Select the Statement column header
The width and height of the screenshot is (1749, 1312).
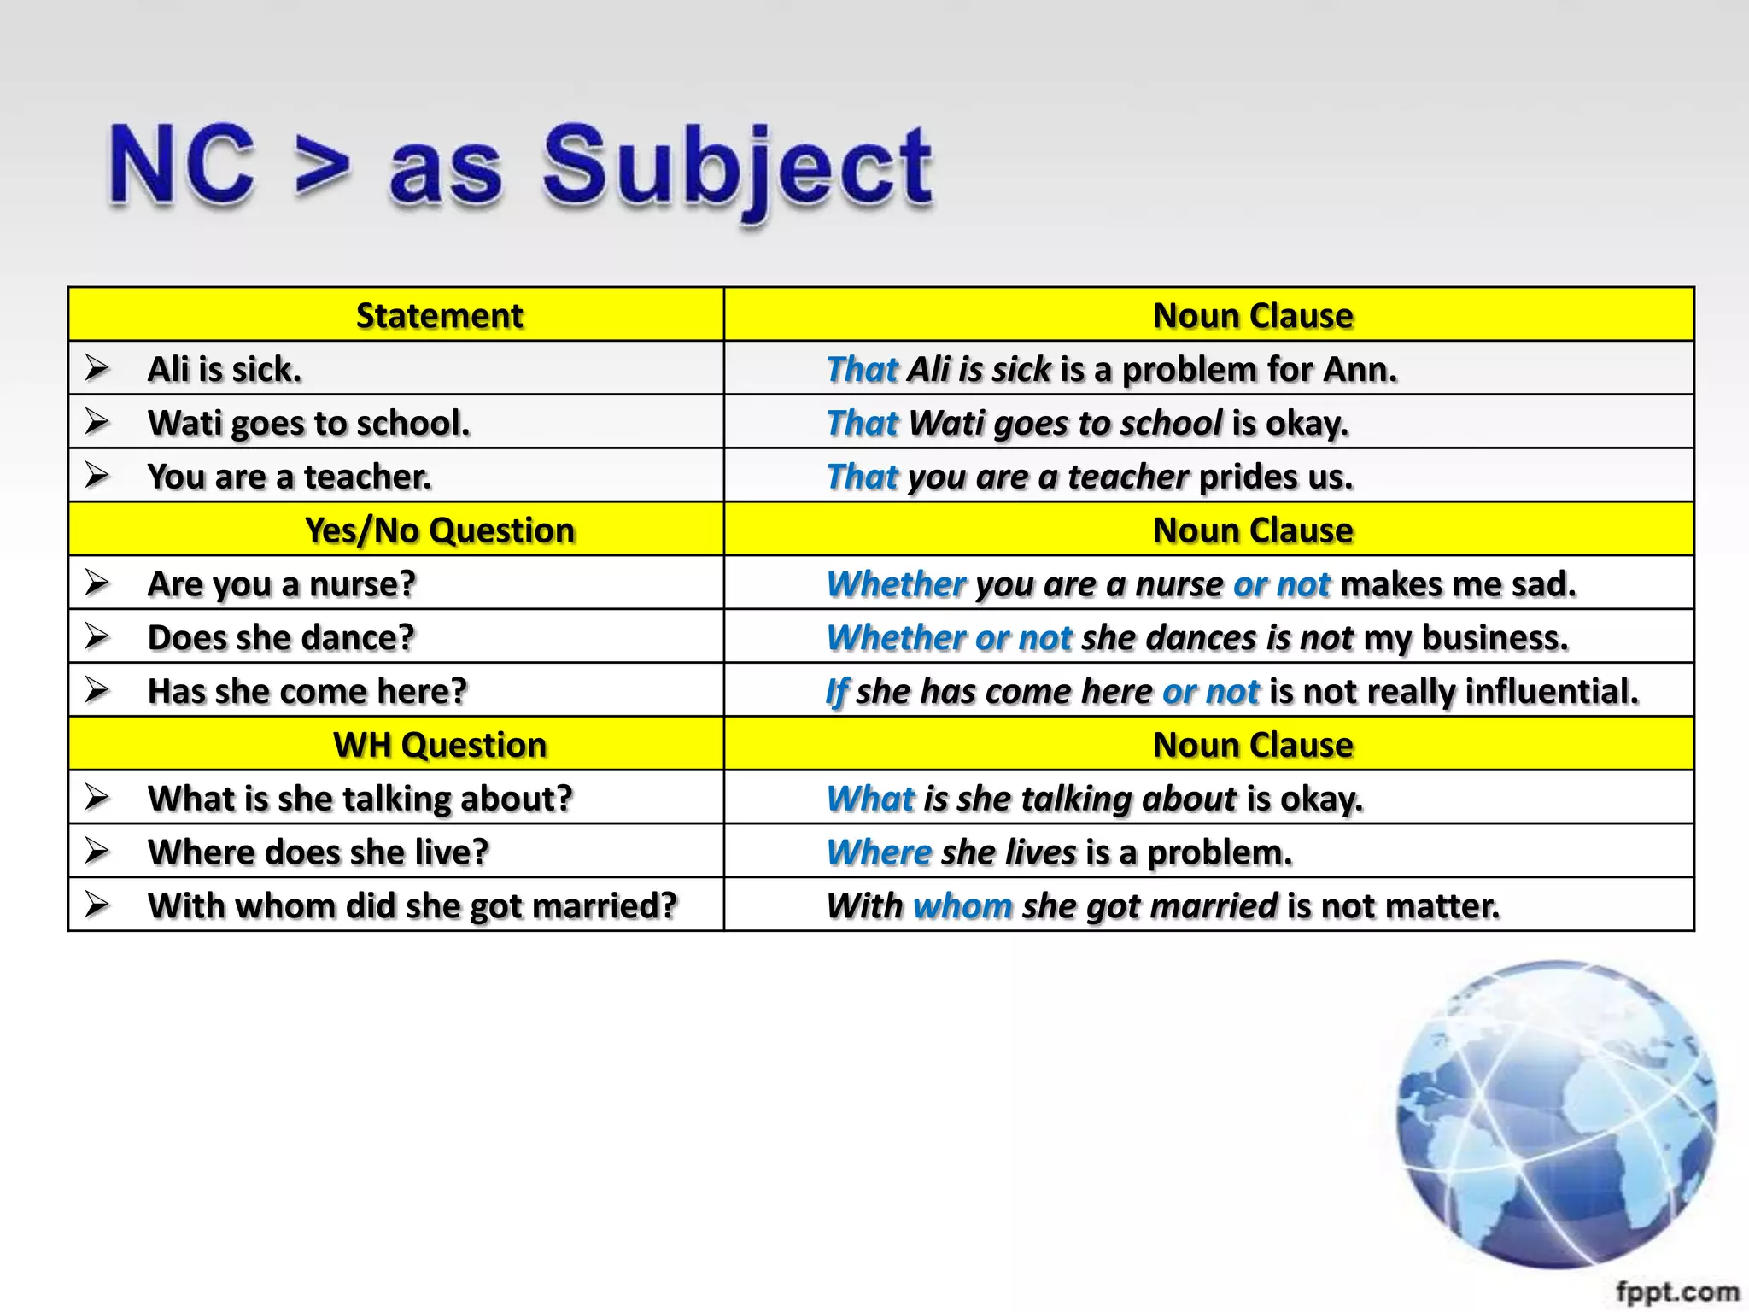pyautogui.click(x=439, y=316)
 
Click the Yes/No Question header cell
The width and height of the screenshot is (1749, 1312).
pyautogui.click(x=439, y=530)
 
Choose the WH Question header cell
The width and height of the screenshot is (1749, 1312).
pyautogui.click(x=439, y=745)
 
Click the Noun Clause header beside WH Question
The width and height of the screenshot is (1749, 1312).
pyautogui.click(x=1252, y=745)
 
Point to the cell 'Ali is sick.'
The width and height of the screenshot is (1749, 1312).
pyautogui.click(x=225, y=370)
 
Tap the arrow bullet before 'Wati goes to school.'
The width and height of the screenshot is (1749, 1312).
pyautogui.click(x=97, y=422)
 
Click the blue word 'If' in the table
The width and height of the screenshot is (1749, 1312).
pyautogui.click(x=836, y=692)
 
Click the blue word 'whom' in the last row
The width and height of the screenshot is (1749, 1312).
pyautogui.click(x=962, y=905)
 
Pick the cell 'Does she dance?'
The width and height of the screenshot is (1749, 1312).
pyautogui.click(x=281, y=638)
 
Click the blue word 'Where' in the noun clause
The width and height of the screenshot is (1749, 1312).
pyautogui.click(x=879, y=852)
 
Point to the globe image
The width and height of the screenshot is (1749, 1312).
pyautogui.click(x=1556, y=1114)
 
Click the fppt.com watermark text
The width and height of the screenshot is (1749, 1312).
pyautogui.click(x=1676, y=1292)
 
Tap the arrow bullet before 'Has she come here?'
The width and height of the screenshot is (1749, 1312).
pyautogui.click(x=97, y=690)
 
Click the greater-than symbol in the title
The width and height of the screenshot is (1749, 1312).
pyautogui.click(x=322, y=167)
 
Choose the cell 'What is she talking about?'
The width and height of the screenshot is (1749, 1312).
pyautogui.click(x=360, y=799)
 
